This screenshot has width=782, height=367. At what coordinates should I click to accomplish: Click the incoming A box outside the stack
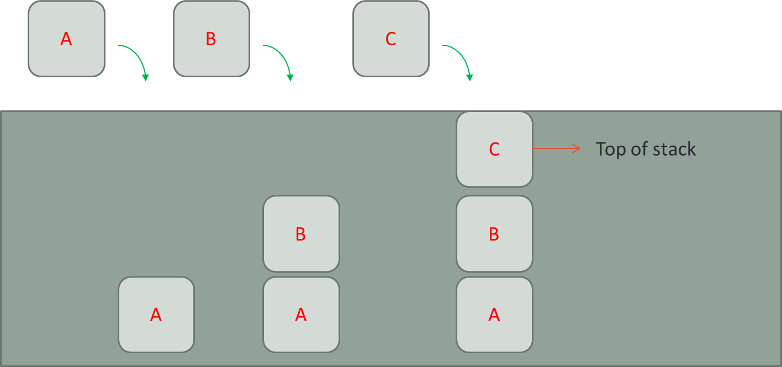point(66,39)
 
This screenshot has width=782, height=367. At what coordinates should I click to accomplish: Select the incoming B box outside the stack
point(211,39)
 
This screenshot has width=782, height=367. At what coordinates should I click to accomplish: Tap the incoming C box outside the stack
point(390,39)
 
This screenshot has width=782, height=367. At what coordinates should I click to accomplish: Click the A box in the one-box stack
point(156,315)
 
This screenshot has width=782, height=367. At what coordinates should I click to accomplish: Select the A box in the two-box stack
point(301,315)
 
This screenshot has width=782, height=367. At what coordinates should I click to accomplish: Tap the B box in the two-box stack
point(301,234)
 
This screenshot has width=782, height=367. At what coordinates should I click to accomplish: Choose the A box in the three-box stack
point(494,315)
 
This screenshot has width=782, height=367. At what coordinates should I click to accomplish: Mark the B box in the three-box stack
point(494,234)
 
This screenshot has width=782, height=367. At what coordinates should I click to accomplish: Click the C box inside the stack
point(494,149)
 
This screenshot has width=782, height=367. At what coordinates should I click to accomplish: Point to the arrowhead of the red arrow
point(577,148)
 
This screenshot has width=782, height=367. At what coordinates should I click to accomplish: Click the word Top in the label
point(610,149)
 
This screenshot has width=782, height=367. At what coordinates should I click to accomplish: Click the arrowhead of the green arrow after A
point(145,78)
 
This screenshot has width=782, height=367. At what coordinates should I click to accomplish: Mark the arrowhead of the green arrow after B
point(290,78)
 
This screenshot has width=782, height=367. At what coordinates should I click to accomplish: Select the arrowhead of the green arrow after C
point(469,78)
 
